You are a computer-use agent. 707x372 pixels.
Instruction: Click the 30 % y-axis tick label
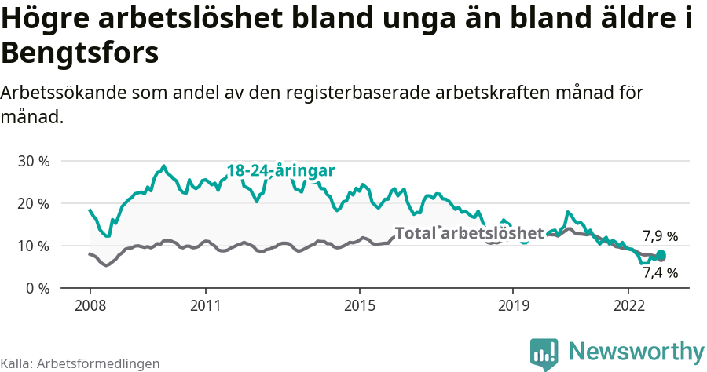(33, 161)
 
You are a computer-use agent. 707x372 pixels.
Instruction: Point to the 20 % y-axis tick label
(33, 203)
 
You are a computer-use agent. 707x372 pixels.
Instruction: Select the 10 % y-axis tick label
(33, 246)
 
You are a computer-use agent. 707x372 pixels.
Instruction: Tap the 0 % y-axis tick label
(37, 288)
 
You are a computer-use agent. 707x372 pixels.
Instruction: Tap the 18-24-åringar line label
(281, 171)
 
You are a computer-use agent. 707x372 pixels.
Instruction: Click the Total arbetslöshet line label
(469, 233)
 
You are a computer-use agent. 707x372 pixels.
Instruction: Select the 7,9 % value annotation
(660, 235)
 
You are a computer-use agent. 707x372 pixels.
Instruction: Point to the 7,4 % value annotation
(660, 273)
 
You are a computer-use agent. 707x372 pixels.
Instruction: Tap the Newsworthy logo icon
(544, 353)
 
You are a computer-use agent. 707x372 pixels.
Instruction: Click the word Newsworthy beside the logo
(636, 351)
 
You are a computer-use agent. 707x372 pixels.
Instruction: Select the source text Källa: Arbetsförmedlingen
(80, 363)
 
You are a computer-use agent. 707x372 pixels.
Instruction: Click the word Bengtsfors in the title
(80, 53)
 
